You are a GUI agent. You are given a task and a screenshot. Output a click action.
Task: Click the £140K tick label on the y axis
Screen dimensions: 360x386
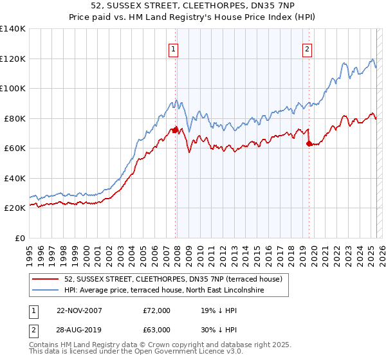[12, 29]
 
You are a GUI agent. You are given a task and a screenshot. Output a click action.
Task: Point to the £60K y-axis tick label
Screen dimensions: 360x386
[15, 148]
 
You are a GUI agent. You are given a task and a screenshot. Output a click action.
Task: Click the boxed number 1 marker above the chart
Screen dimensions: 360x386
[174, 49]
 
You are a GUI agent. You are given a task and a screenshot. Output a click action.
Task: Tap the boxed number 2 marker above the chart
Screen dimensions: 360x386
[308, 49]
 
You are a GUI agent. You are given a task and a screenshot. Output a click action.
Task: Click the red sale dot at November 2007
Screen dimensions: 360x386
[176, 130]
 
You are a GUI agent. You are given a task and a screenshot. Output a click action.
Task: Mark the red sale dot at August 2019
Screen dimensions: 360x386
[309, 144]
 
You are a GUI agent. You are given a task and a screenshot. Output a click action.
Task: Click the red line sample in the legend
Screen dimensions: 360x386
[46, 280]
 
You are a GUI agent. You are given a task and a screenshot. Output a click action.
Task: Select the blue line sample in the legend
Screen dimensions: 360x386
[46, 291]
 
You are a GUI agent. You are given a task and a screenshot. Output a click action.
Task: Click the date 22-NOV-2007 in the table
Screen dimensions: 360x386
[80, 310]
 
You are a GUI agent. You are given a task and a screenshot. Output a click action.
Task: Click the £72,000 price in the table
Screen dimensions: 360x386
[157, 310]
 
